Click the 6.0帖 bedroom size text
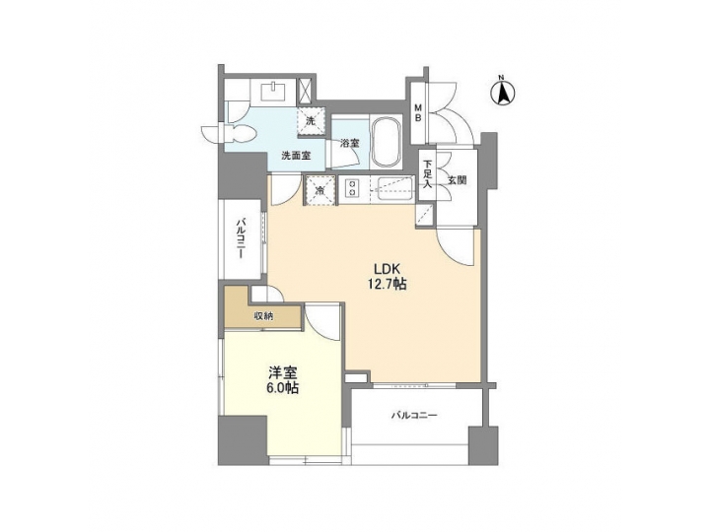282,389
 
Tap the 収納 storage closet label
263,316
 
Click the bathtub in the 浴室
385,144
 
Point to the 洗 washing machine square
310,121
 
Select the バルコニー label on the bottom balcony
412,415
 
